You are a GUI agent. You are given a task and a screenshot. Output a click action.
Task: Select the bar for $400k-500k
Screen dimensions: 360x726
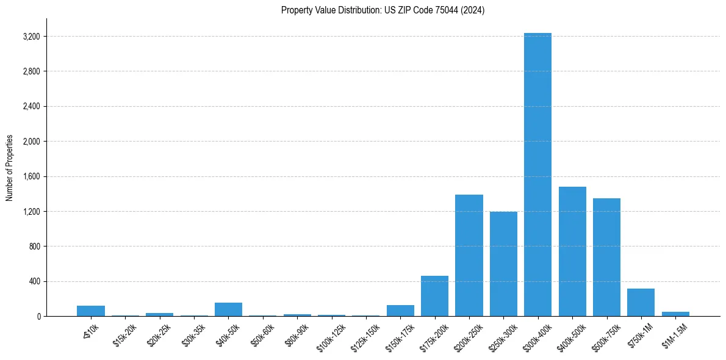point(572,251)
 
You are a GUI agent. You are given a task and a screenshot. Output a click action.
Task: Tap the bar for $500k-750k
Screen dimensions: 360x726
point(606,257)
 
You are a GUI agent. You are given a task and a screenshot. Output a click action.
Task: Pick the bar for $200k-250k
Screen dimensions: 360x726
point(469,255)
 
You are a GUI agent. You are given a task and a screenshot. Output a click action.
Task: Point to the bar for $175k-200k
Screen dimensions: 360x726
point(434,296)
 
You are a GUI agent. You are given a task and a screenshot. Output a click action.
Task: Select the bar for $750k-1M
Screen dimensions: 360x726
point(641,302)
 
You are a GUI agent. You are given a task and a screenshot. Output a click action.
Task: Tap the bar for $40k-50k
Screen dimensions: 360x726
point(228,309)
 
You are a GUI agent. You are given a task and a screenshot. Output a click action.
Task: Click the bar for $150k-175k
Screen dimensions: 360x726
point(400,311)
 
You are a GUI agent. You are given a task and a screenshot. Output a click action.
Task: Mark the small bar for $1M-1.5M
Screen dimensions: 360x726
point(675,314)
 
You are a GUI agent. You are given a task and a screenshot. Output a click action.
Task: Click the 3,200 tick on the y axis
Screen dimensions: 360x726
point(31,37)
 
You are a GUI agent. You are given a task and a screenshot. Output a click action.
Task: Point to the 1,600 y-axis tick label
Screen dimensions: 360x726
point(31,176)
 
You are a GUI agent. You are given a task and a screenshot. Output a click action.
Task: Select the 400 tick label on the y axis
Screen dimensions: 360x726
point(34,281)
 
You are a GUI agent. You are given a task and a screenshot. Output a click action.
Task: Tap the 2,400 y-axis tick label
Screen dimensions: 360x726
point(31,106)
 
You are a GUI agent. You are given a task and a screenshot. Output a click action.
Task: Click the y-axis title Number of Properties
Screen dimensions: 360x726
point(10,168)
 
